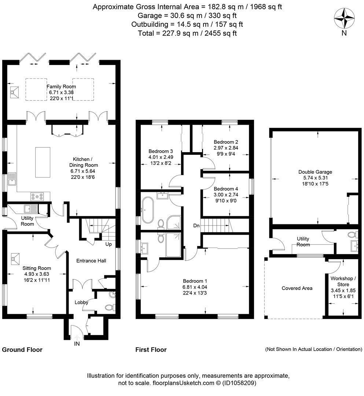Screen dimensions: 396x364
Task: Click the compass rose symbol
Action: coord(344,18)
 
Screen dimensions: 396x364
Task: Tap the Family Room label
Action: coord(61,87)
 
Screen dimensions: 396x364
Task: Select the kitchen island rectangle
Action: coord(42,162)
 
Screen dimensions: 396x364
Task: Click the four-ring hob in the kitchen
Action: coord(37,196)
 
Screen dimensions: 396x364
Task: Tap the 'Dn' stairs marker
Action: coord(196,226)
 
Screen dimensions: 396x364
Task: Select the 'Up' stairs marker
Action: coord(109,244)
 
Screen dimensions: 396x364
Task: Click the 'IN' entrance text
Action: coord(77,344)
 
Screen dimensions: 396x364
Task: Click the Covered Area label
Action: coord(297,288)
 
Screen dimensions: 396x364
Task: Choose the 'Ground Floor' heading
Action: coord(22,350)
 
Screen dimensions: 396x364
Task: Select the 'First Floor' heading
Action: coord(151,350)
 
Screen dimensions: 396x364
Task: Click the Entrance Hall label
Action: coord(91,261)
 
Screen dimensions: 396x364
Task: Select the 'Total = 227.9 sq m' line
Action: coord(187,33)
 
